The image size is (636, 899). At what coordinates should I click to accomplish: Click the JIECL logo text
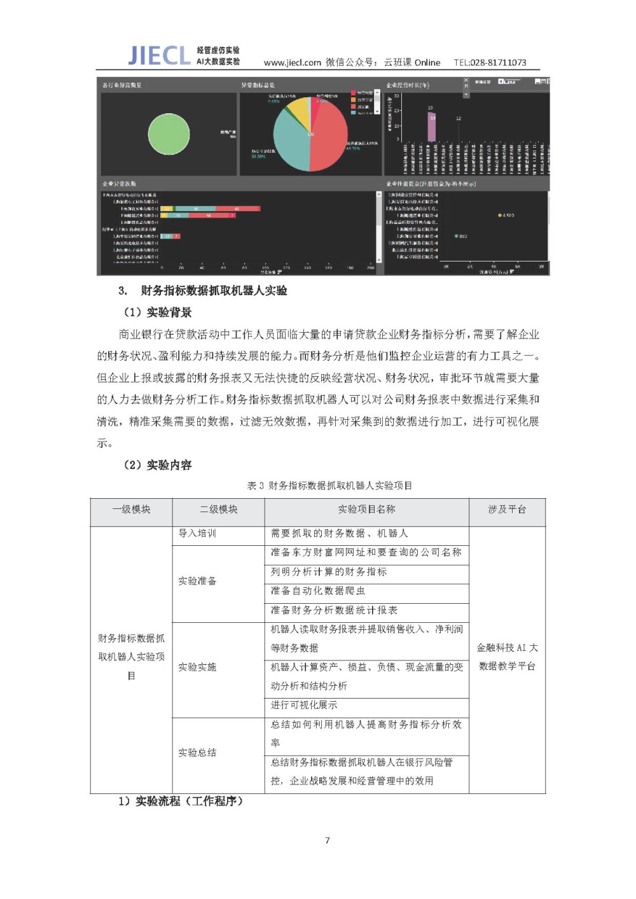click(x=159, y=55)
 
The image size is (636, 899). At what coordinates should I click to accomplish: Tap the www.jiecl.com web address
click(x=292, y=62)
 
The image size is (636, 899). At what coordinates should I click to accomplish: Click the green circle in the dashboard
click(x=169, y=134)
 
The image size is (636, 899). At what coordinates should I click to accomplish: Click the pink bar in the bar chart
click(x=432, y=127)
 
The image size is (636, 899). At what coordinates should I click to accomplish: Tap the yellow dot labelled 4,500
click(x=500, y=216)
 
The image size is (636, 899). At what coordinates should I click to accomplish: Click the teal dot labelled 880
click(x=456, y=236)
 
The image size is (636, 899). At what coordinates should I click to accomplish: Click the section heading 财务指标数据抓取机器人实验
click(x=214, y=291)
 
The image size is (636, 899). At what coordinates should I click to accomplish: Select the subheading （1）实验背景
click(x=157, y=312)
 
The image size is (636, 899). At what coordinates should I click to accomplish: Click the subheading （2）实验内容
click(x=157, y=465)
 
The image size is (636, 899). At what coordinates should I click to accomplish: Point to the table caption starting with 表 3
click(x=329, y=485)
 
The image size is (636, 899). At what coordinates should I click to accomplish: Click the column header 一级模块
click(x=131, y=509)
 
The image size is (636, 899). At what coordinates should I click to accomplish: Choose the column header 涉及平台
click(x=507, y=509)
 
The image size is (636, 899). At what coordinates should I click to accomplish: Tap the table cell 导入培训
click(x=197, y=533)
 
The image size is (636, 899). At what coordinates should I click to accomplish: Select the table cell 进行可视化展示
click(x=304, y=705)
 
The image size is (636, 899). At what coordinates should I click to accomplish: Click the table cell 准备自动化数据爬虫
click(x=318, y=590)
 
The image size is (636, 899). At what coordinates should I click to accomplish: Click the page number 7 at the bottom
click(x=328, y=840)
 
